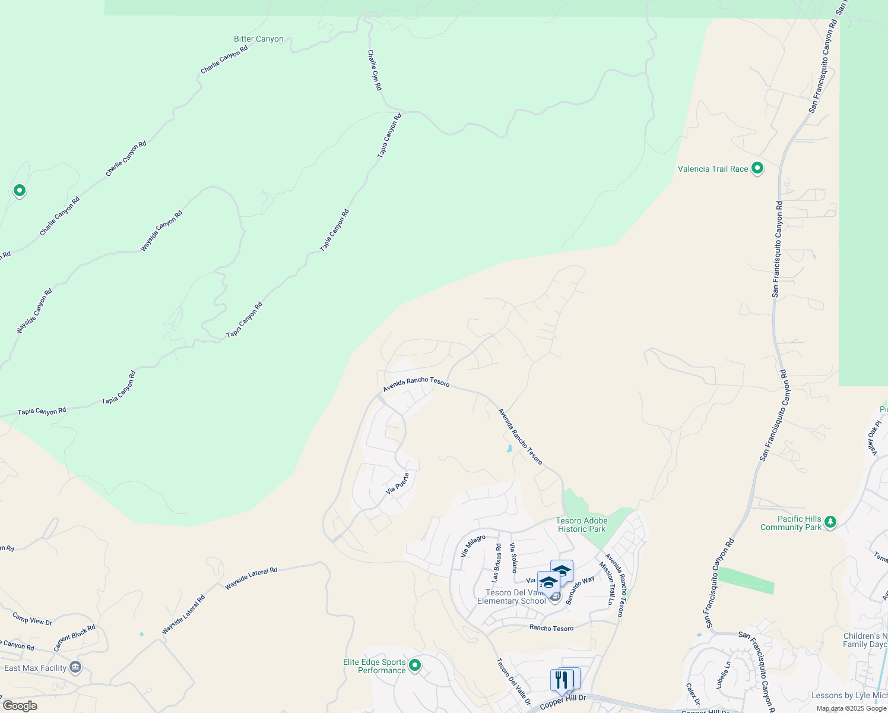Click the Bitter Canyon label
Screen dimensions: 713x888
[259, 39]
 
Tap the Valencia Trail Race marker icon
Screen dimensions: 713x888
[757, 168]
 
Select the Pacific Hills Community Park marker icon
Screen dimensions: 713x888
[830, 522]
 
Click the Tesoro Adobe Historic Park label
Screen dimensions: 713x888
[581, 525]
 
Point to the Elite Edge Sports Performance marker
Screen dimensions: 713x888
[415, 665]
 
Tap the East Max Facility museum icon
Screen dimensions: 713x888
[75, 667]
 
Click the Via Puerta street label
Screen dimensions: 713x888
[397, 484]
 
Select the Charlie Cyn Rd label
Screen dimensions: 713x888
[375, 70]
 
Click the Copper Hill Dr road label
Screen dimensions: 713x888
[563, 702]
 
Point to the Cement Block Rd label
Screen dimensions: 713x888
[75, 638]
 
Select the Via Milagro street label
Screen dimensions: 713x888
[473, 545]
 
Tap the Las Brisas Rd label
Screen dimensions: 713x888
[496, 562]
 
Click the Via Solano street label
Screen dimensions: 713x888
[513, 557]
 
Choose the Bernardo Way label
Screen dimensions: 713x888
[580, 590]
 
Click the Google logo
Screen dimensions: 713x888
[20, 706]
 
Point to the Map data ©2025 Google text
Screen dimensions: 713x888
[851, 708]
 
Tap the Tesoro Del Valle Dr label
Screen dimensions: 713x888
[513, 682]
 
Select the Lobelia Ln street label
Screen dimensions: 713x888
[724, 674]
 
